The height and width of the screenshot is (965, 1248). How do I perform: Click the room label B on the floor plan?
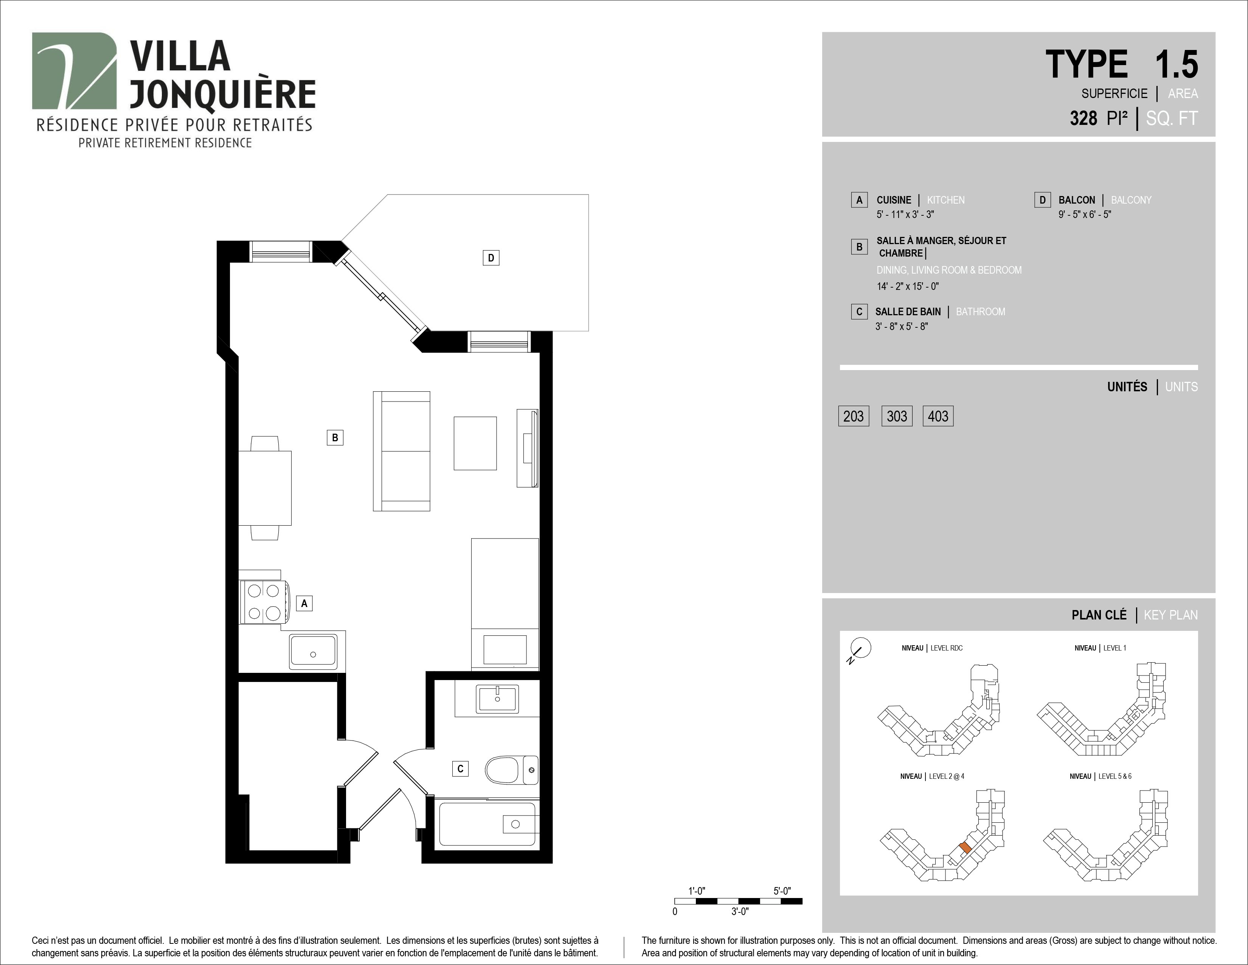335,437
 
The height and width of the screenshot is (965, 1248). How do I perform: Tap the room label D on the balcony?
491,258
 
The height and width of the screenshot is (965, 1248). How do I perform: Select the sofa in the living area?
401,451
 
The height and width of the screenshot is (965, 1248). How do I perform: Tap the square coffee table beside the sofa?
475,443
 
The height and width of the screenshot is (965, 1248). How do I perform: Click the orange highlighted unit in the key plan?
965,848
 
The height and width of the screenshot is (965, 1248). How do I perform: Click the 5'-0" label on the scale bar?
782,891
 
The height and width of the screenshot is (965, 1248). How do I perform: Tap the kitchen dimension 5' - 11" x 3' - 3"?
905,214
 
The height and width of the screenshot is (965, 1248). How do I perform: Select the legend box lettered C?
859,311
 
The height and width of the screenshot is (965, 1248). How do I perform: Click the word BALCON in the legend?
1077,200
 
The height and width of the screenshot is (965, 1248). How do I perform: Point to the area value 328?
1083,118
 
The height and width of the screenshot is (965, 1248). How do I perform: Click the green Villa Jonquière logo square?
74,70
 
